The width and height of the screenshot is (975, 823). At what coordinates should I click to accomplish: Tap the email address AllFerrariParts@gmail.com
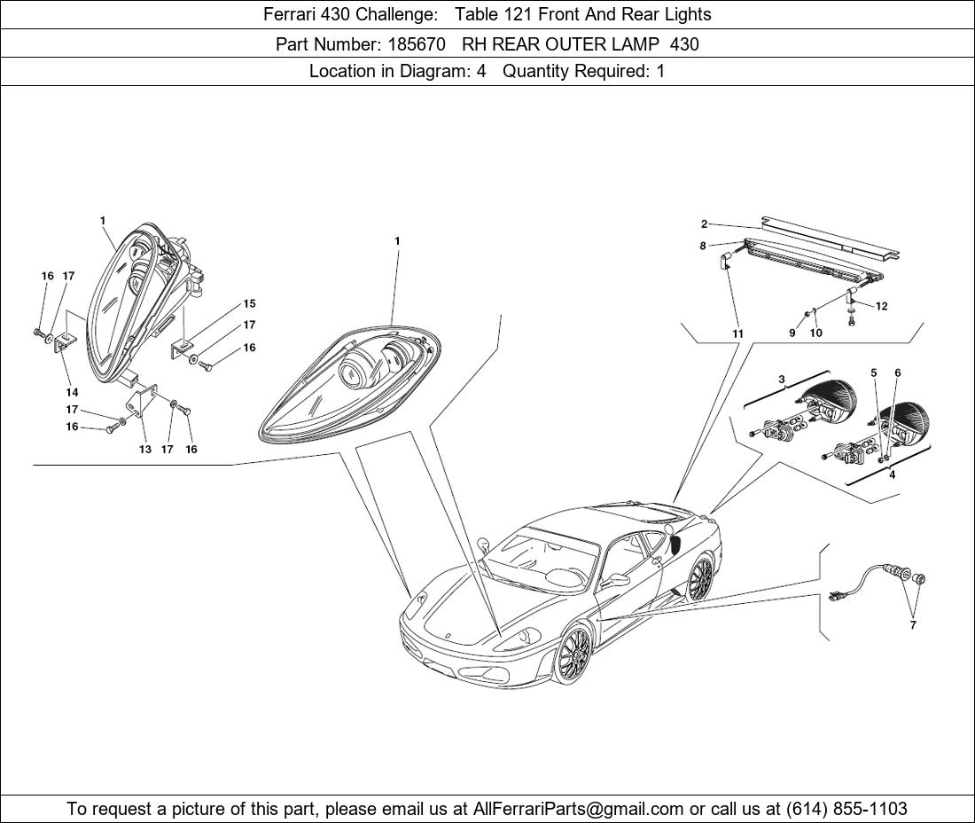coord(579,809)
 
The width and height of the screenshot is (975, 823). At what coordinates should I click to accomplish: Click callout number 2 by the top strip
coord(704,224)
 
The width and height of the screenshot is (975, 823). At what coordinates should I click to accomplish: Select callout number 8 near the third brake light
coord(703,246)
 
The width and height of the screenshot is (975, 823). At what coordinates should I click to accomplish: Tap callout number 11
coord(737,333)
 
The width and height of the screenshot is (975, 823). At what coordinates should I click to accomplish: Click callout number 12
coord(881,307)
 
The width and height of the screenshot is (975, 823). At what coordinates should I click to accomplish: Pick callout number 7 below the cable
coord(913,625)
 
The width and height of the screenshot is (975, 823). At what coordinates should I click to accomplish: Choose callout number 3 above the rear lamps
coord(782,380)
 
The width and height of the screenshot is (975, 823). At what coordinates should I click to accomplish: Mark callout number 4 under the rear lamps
coord(892,474)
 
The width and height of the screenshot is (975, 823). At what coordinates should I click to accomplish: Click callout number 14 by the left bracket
coord(72,392)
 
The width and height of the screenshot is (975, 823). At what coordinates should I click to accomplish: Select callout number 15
coord(249,304)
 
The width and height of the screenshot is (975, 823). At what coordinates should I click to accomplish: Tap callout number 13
coord(144,449)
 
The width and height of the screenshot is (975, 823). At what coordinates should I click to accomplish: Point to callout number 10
coord(815,333)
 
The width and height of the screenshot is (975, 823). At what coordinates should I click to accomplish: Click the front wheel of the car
coord(573,655)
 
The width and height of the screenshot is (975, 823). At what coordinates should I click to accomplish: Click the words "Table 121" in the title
coord(495,14)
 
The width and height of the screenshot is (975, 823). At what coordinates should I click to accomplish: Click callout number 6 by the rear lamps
coord(897,373)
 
